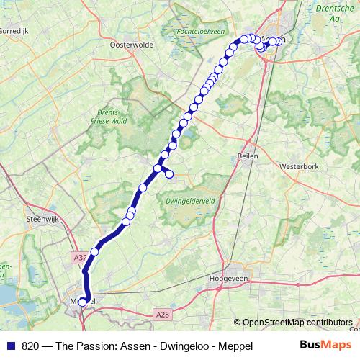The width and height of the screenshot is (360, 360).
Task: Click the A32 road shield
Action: (x=80, y=257)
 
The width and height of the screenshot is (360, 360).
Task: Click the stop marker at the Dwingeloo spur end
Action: (x=170, y=174)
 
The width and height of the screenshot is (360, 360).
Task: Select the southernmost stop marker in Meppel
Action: (x=82, y=302)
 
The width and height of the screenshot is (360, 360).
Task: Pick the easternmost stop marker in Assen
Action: (x=279, y=41)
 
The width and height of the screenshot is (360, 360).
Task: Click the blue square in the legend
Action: (x=11, y=346)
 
